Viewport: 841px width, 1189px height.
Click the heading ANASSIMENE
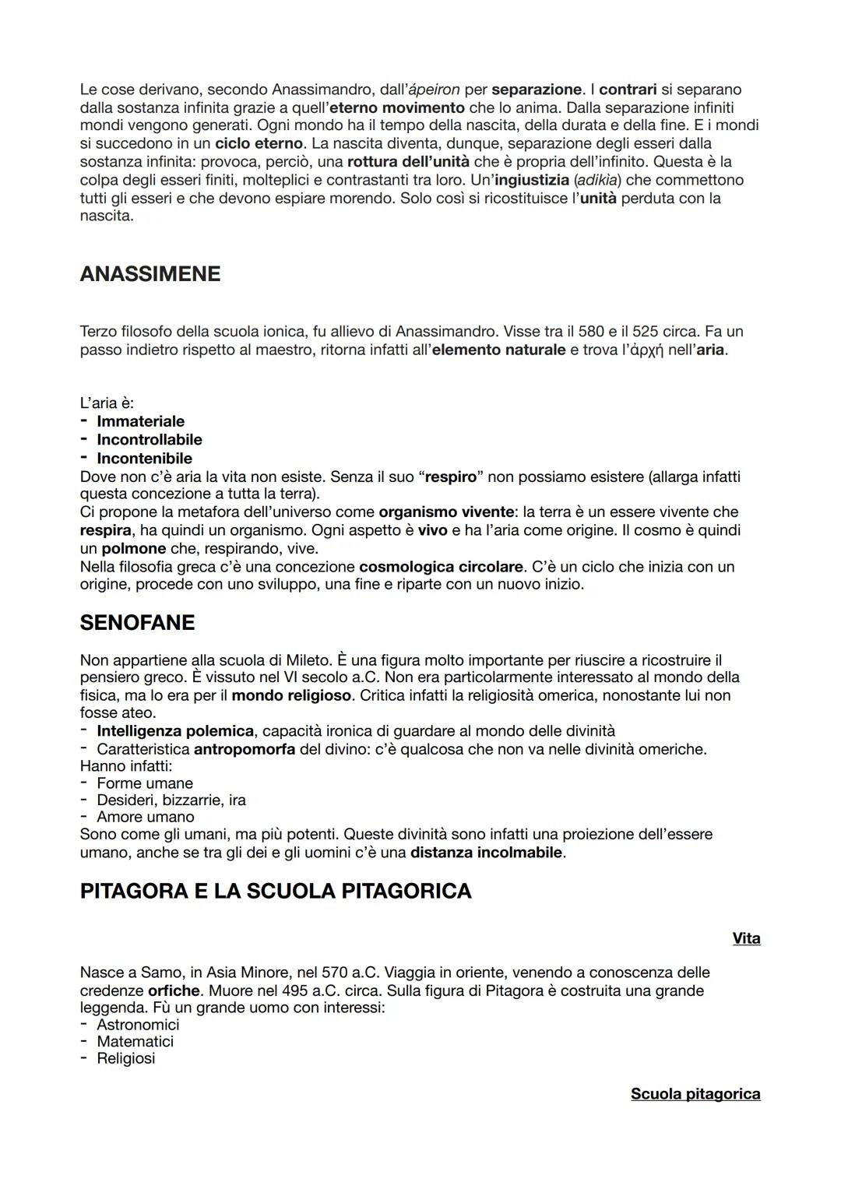[150, 274]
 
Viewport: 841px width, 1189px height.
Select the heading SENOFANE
[137, 623]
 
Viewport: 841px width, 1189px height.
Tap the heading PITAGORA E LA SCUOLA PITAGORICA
[276, 892]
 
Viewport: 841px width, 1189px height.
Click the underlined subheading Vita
[746, 939]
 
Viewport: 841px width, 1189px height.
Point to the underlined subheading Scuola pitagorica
[695, 1095]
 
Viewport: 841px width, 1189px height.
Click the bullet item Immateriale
[140, 422]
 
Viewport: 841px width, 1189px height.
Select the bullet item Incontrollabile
[149, 440]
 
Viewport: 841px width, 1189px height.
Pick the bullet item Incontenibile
[144, 459]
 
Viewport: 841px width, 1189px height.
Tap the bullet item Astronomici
[138, 1025]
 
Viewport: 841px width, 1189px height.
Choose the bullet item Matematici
[135, 1042]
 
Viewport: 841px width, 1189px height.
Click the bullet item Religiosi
[125, 1059]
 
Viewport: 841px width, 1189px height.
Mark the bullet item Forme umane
[144, 783]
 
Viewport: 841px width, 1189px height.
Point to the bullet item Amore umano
[145, 817]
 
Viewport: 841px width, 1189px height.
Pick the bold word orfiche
[174, 991]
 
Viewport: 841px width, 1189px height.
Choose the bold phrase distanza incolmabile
[486, 853]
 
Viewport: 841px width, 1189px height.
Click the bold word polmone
[133, 549]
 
